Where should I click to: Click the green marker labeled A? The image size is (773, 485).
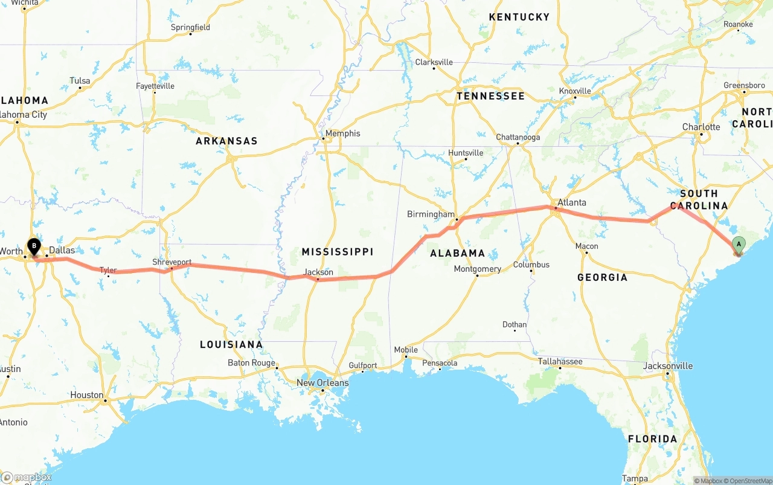(738, 245)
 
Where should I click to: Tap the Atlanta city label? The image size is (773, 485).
(571, 202)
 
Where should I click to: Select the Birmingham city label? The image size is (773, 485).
(431, 214)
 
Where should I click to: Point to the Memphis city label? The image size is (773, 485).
(342, 133)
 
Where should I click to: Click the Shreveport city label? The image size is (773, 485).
(172, 262)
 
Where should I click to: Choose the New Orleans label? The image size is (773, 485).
(322, 382)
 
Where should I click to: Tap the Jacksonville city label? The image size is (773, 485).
(668, 365)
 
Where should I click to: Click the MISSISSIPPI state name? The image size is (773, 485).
(338, 252)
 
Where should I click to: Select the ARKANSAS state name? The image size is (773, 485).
(226, 141)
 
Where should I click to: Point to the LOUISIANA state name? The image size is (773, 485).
(231, 344)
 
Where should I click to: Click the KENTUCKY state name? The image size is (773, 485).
(519, 17)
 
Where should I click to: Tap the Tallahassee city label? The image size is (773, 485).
(560, 361)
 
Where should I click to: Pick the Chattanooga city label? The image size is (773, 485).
(518, 137)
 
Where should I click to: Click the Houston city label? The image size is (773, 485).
(87, 395)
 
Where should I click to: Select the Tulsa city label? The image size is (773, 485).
(80, 81)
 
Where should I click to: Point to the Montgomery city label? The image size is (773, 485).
(477, 269)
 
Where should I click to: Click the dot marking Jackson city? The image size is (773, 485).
(318, 280)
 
